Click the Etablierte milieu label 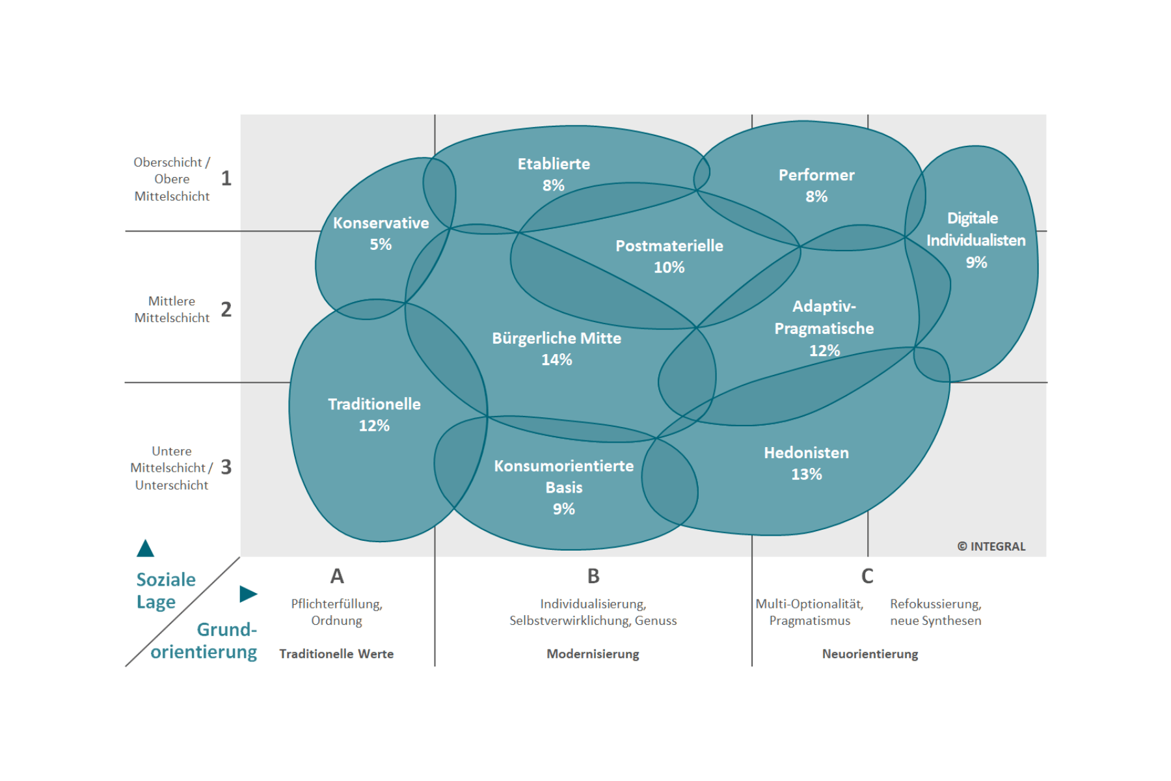[x=554, y=164]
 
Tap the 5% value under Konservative [x=381, y=245]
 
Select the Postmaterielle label [x=669, y=246]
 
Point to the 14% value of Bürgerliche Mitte [x=557, y=360]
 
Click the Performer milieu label [x=816, y=175]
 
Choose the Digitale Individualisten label [x=975, y=229]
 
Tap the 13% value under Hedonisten [x=806, y=474]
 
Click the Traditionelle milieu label [x=374, y=404]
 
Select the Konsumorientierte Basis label [x=563, y=476]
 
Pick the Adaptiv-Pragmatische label [x=824, y=318]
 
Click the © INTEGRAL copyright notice [x=991, y=547]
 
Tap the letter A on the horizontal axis [x=337, y=576]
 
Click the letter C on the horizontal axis [x=867, y=576]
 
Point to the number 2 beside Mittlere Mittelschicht [x=226, y=309]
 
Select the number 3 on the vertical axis [x=226, y=467]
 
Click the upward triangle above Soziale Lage [x=145, y=549]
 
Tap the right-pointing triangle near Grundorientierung [x=248, y=594]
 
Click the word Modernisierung [x=593, y=654]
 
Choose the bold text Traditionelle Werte [x=336, y=654]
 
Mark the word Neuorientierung [x=870, y=654]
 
